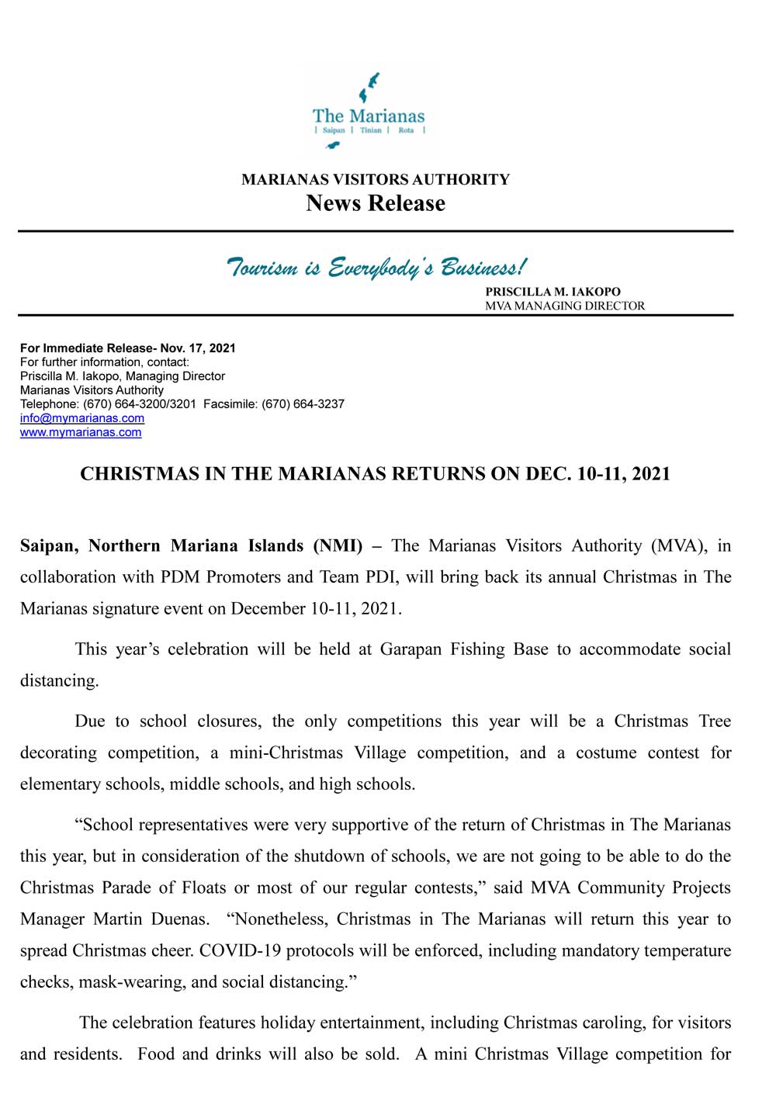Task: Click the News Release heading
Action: (376, 203)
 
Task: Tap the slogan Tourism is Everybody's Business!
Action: (376, 267)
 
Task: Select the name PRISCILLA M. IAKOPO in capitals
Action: (553, 292)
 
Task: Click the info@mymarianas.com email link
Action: (82, 418)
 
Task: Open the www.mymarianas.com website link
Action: (81, 432)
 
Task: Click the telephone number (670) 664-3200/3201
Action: (140, 404)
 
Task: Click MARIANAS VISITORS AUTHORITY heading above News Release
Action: (376, 180)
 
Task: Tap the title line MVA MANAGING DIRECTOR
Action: (565, 306)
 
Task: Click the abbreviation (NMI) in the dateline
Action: (338, 546)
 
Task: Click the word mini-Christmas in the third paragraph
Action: (286, 753)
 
